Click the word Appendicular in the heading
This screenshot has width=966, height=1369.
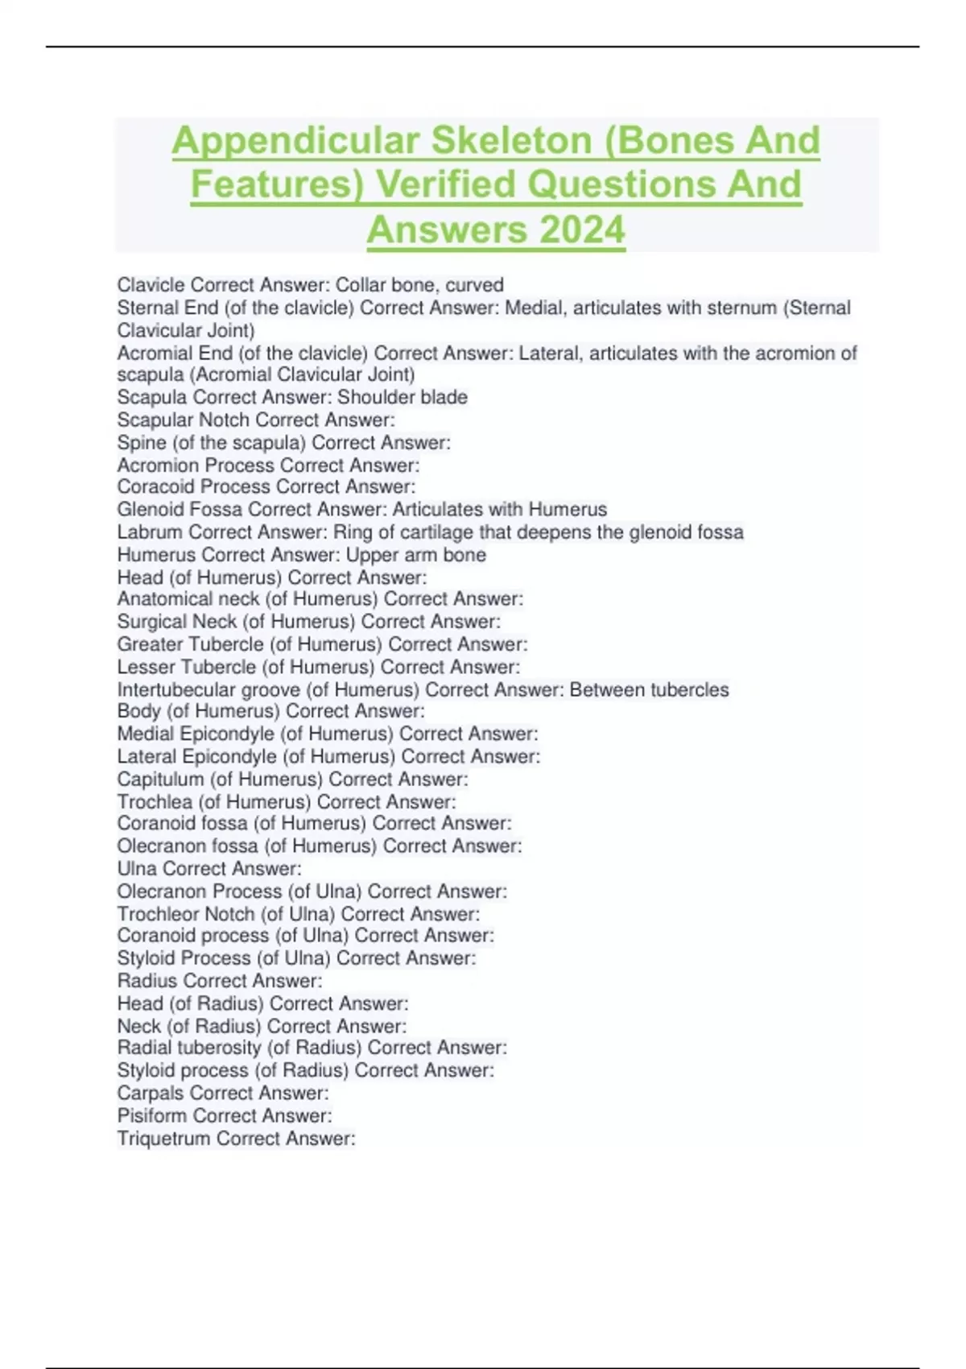pyautogui.click(x=296, y=140)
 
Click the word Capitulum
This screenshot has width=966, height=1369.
pyautogui.click(x=160, y=780)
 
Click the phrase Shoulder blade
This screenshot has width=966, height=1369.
pyautogui.click(x=402, y=397)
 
